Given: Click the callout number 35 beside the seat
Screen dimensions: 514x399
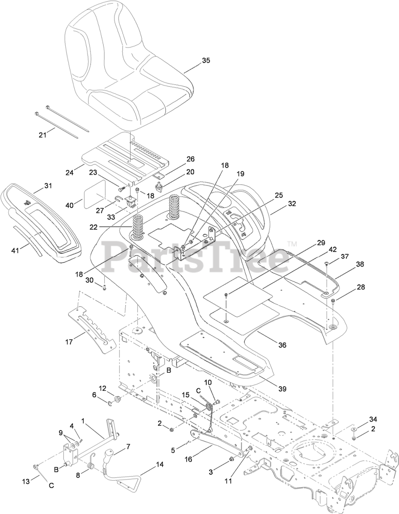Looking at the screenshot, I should click(206, 61).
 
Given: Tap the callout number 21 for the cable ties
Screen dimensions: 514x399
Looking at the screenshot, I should click(43, 135).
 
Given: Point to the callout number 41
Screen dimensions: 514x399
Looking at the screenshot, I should click(15, 251).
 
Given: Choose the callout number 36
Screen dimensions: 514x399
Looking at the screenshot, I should click(282, 345).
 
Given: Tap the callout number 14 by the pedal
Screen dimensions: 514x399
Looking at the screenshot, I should click(160, 465).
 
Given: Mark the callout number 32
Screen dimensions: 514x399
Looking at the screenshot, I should click(292, 204).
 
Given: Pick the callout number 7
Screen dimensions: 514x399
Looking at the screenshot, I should click(128, 447).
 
